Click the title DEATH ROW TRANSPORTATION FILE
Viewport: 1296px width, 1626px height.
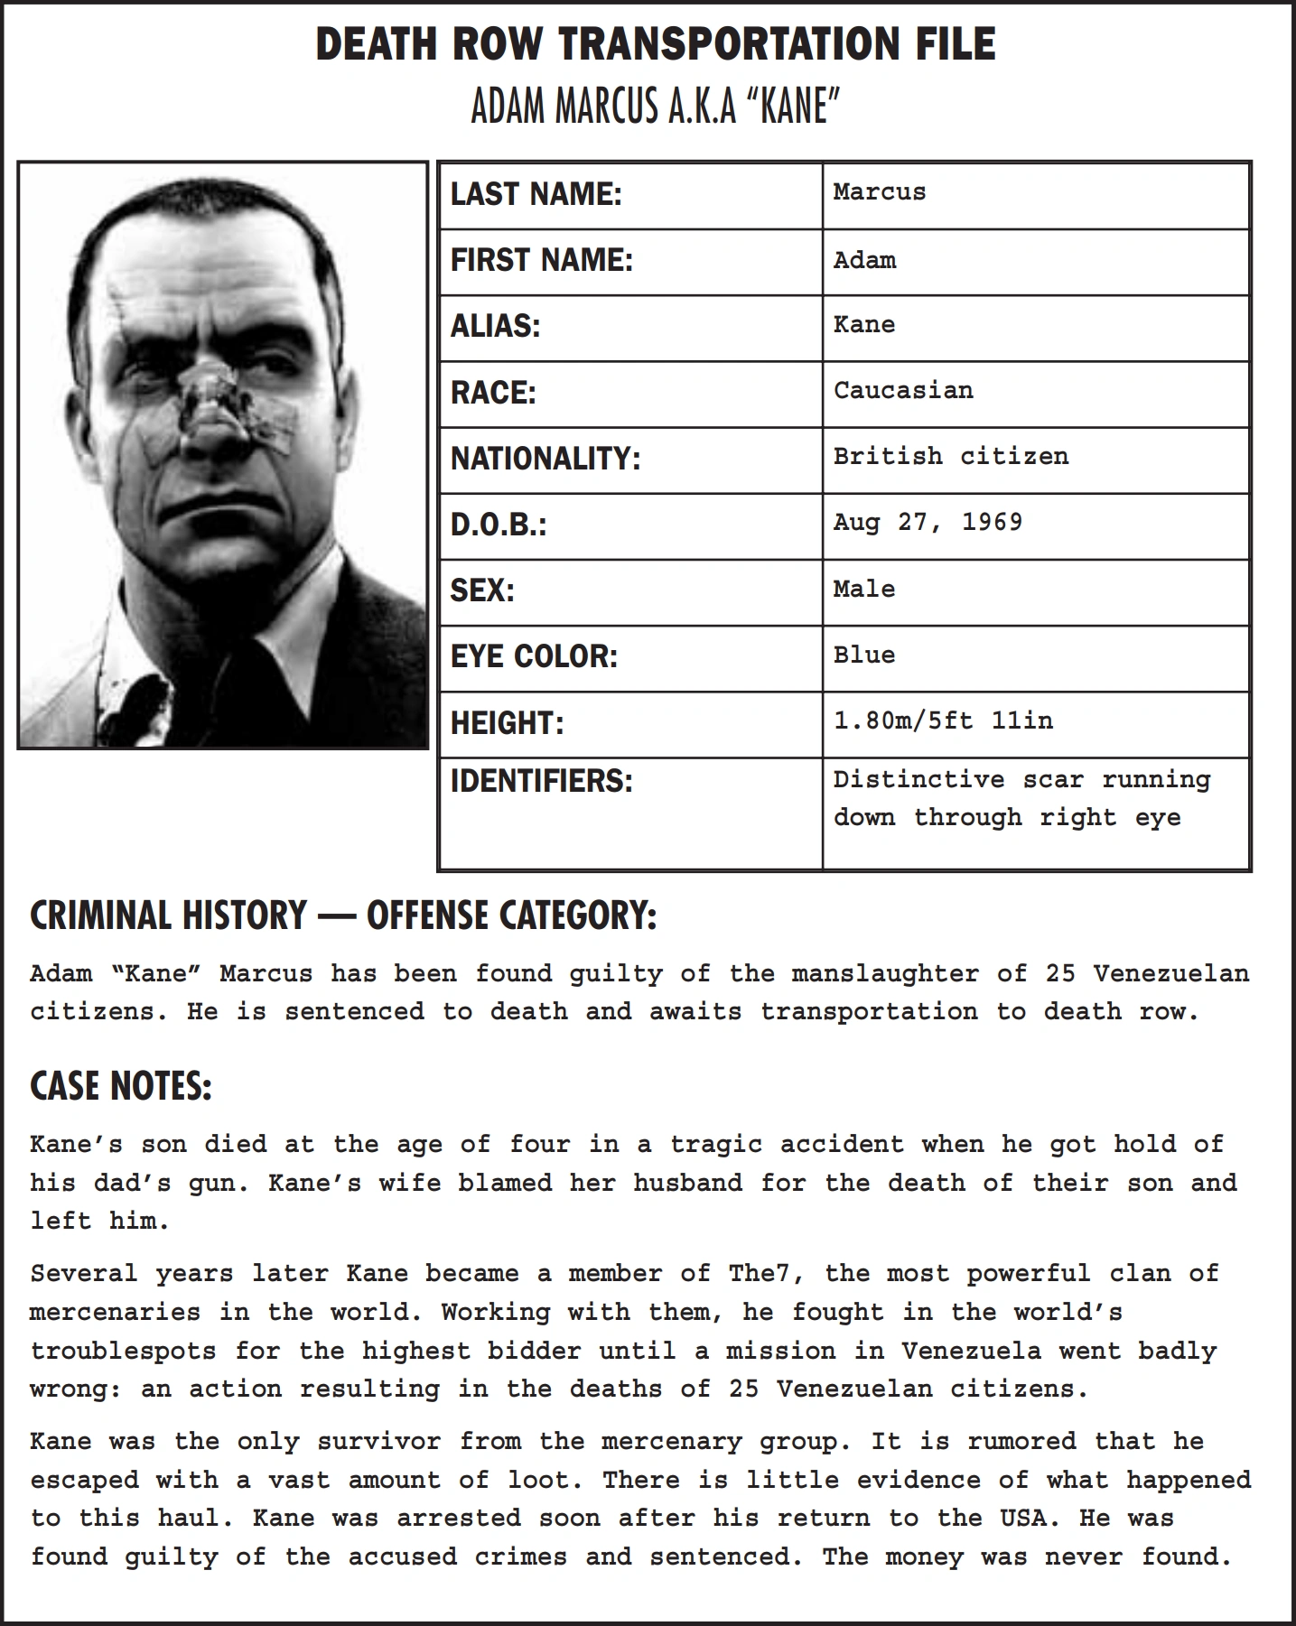(656, 45)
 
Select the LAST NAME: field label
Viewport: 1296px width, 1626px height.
(536, 194)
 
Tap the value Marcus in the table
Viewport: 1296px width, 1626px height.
(879, 191)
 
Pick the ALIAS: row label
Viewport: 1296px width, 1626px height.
(495, 326)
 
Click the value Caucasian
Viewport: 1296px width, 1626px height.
(902, 391)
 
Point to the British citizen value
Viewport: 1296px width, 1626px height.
(950, 456)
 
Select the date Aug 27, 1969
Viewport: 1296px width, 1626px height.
(928, 523)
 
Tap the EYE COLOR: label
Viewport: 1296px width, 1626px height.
(534, 656)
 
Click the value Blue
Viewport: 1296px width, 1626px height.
(863, 655)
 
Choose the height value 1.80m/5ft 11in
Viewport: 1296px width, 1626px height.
(943, 720)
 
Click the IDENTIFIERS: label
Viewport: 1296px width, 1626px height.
(541, 781)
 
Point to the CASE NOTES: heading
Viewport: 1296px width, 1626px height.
(121, 1086)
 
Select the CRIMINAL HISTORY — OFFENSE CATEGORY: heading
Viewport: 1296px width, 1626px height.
(343, 915)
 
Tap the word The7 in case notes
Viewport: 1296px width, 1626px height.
(760, 1274)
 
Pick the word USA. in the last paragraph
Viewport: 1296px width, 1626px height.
(1024, 1518)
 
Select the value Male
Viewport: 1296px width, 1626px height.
(863, 589)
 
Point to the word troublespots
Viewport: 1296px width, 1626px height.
(123, 1352)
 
